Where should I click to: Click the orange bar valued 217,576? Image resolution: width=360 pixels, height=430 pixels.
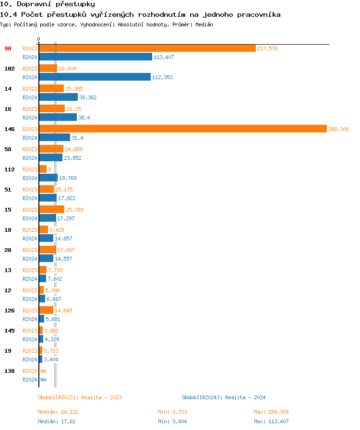pyautogui.click(x=147, y=48)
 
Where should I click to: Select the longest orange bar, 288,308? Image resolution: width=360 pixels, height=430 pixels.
pyautogui.click(x=183, y=129)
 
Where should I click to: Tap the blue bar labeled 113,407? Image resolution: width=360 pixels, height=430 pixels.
pyautogui.click(x=96, y=57)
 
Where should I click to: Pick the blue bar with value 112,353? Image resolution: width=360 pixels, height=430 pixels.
pyautogui.click(x=95, y=77)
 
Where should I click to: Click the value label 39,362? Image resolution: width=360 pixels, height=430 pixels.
pyautogui.click(x=88, y=97)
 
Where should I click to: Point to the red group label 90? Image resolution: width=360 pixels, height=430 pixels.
pyautogui.click(x=8, y=48)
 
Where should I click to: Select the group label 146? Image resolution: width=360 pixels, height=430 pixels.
pyautogui.click(x=10, y=129)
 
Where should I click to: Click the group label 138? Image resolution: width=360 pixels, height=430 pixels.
pyautogui.click(x=10, y=371)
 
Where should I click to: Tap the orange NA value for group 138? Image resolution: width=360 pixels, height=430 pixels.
pyautogui.click(x=43, y=371)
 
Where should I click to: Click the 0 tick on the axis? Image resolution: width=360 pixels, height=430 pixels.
pyautogui.click(x=39, y=39)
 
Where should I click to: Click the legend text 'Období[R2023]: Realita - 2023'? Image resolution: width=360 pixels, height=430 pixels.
pyautogui.click(x=80, y=397)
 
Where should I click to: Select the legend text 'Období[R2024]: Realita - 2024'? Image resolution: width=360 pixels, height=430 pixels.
pyautogui.click(x=224, y=397)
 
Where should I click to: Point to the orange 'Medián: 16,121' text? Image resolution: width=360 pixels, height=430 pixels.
pyautogui.click(x=58, y=412)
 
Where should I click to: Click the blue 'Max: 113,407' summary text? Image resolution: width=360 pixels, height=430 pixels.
pyautogui.click(x=271, y=421)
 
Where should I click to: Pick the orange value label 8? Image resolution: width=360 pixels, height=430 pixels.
pyautogui.click(x=49, y=169)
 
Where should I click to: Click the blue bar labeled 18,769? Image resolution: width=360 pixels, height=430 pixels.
pyautogui.click(x=48, y=178)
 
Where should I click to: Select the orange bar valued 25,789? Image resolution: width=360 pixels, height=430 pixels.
pyautogui.click(x=51, y=210)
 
